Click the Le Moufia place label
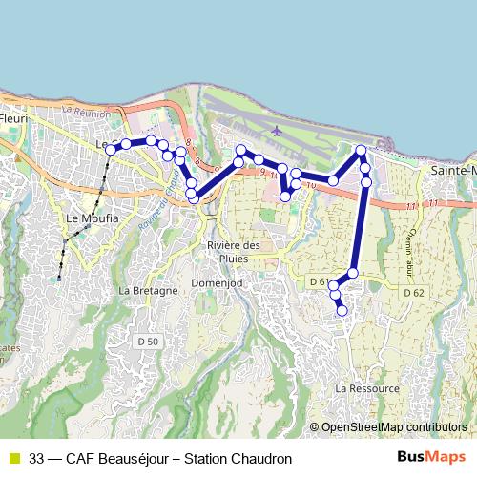85,218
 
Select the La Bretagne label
148,290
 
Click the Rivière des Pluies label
233,251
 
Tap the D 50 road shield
147,341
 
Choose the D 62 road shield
412,292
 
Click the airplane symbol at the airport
277,131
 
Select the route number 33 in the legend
36,458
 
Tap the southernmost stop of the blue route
342,310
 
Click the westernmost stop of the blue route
111,150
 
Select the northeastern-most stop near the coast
362,150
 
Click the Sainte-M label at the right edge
452,170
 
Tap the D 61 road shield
318,282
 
